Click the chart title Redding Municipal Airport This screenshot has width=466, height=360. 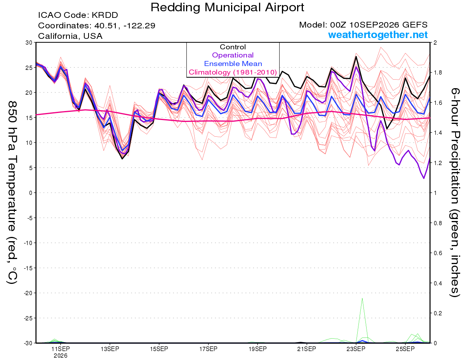[227, 7]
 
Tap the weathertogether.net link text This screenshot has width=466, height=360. [378, 35]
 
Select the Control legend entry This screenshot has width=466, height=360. [233, 47]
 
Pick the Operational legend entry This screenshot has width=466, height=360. [233, 55]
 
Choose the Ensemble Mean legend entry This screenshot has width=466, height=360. [233, 64]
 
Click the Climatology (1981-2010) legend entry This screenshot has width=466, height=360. [233, 72]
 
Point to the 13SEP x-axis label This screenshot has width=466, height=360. [110, 349]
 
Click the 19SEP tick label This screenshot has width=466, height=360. [257, 349]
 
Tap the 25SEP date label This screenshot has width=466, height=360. [405, 349]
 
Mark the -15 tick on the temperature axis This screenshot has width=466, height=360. [28, 268]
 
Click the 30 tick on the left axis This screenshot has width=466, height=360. [29, 43]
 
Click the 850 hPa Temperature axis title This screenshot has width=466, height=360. [12, 192]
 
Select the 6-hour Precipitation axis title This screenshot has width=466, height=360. [455, 192]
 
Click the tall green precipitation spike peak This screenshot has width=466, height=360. [362, 298]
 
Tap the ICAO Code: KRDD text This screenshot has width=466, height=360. [78, 15]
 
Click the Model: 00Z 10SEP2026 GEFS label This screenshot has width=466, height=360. [363, 25]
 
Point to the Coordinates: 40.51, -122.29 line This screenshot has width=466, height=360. [97, 26]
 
